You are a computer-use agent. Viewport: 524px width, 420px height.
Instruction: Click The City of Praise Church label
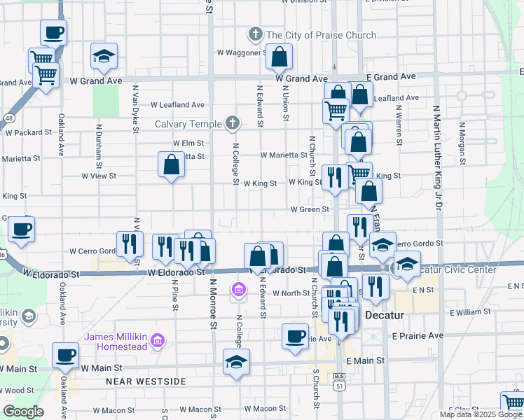tap(321, 35)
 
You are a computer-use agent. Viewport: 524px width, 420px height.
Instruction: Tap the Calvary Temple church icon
tap(233, 124)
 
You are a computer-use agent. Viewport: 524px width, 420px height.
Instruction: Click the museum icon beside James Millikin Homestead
tap(158, 342)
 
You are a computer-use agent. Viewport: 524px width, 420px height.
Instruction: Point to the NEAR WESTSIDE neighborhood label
tap(146, 381)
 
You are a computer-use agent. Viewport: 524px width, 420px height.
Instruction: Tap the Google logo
tap(24, 412)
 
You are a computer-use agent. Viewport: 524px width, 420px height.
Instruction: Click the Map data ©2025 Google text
tap(480, 414)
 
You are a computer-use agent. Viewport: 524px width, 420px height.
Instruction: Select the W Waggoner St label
tap(240, 52)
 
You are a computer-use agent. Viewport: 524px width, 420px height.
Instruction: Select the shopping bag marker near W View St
tap(171, 166)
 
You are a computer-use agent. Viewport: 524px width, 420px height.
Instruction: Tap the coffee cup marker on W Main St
tap(65, 354)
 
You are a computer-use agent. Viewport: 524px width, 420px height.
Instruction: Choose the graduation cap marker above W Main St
tap(236, 363)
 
